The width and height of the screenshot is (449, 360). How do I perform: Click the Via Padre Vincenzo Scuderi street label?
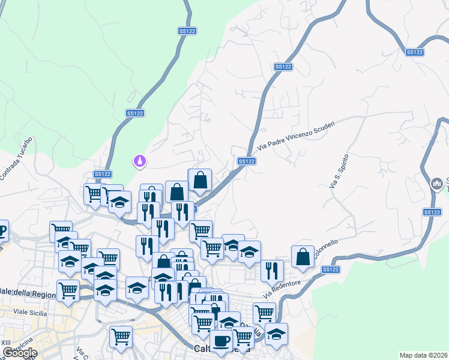coord(295,134)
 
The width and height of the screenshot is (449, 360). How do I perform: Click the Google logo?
coord(19,353)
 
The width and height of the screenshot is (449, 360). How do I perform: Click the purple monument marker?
coord(140,161)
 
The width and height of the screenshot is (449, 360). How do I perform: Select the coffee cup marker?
coord(221,341)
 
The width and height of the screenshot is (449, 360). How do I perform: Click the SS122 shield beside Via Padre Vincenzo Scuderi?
coord(246,161)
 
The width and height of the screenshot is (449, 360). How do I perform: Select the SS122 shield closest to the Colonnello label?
coord(330,270)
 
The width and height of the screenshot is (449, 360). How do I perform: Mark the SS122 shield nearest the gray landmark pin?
coord(432,212)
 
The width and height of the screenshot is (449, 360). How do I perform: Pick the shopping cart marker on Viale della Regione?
coord(68,290)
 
